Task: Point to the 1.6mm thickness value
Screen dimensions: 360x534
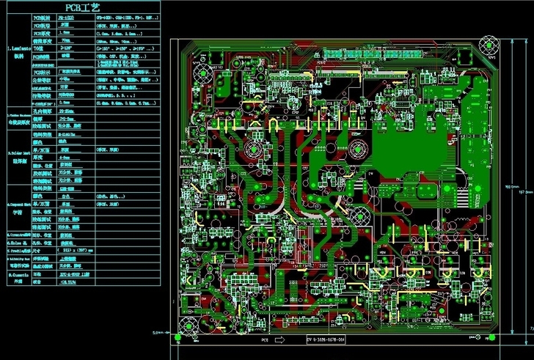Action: (65, 33)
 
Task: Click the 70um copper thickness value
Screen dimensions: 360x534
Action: (65, 41)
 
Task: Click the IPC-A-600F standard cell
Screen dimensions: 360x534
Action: (69, 273)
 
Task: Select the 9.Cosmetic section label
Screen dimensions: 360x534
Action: (18, 276)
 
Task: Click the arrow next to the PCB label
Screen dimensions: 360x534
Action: (279, 341)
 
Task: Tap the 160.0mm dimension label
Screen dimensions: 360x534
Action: (508, 188)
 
